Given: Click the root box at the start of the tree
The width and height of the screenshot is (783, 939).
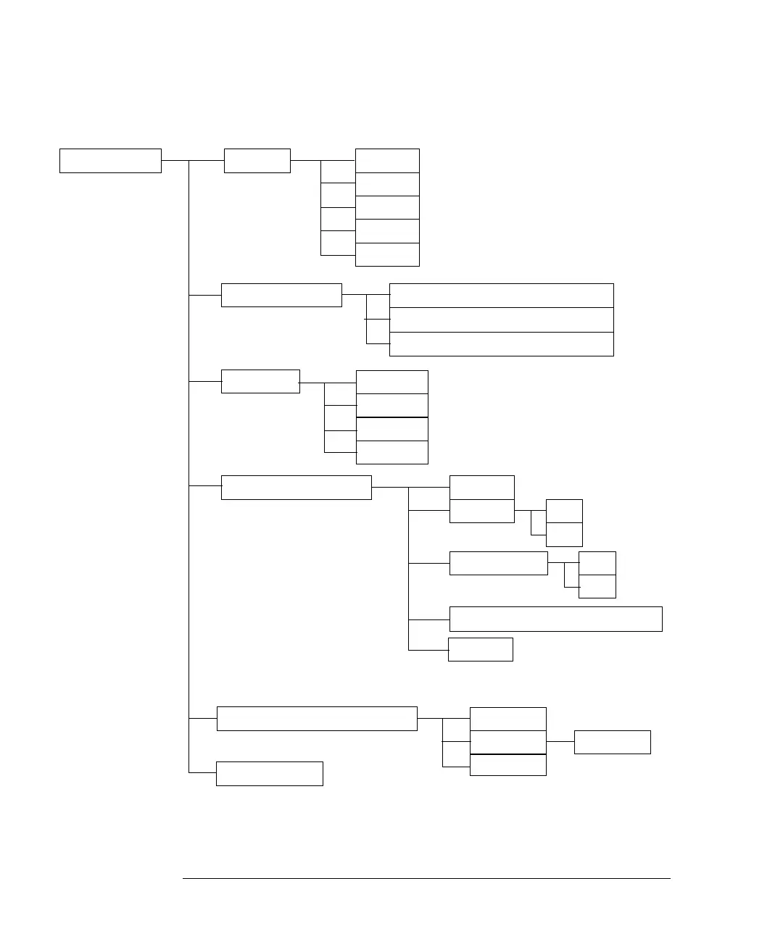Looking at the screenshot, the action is pyautogui.click(x=110, y=161).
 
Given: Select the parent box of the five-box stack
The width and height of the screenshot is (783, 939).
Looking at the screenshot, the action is pyautogui.click(x=257, y=161).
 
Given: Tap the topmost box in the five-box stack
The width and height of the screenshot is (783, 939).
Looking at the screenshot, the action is pyautogui.click(x=387, y=161).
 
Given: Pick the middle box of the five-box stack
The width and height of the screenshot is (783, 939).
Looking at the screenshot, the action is pyautogui.click(x=387, y=207).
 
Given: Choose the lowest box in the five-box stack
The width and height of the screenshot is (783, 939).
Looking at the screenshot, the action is pyautogui.click(x=387, y=254).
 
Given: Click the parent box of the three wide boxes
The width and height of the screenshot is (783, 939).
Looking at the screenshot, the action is pyautogui.click(x=281, y=295).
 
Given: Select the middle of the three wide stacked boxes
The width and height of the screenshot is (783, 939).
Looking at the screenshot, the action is pyautogui.click(x=502, y=320).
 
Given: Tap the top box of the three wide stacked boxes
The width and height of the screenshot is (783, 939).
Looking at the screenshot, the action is pyautogui.click(x=502, y=296).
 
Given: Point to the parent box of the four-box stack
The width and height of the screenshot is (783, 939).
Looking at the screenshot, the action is pyautogui.click(x=260, y=381).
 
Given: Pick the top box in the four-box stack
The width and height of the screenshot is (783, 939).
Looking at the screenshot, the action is pyautogui.click(x=392, y=382).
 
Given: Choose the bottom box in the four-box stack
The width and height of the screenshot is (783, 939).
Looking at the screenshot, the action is pyautogui.click(x=392, y=452).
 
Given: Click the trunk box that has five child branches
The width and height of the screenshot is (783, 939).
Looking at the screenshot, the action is pyautogui.click(x=296, y=488).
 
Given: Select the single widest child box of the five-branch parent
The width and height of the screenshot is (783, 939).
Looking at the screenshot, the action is pyautogui.click(x=555, y=619).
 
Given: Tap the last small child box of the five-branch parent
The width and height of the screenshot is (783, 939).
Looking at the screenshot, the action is pyautogui.click(x=481, y=649).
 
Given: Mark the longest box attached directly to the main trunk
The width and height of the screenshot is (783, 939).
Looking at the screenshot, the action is pyautogui.click(x=317, y=719).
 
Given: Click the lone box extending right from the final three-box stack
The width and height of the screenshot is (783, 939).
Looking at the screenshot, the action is pyautogui.click(x=612, y=742).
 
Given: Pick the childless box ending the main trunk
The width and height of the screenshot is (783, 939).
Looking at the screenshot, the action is pyautogui.click(x=270, y=773).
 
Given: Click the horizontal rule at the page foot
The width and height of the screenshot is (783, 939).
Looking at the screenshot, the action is pyautogui.click(x=426, y=879).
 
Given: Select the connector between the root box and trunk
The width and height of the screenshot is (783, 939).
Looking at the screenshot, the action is pyautogui.click(x=175, y=161).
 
